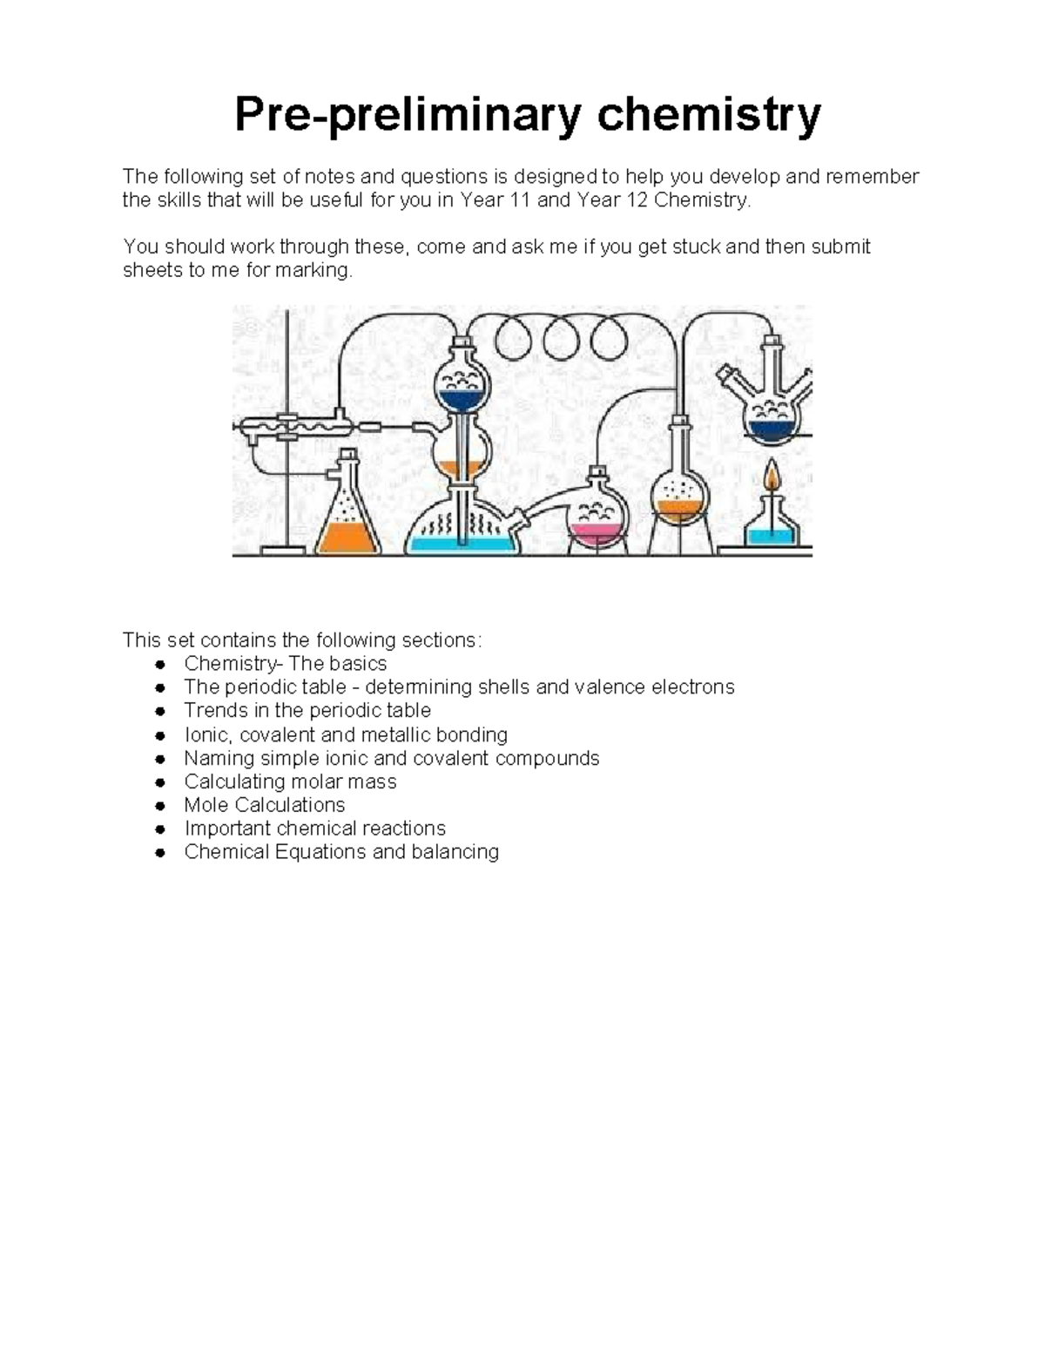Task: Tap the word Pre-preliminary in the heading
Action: click(x=407, y=115)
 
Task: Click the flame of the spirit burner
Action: click(x=772, y=478)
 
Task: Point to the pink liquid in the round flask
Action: click(x=597, y=531)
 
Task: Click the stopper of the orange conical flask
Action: click(x=348, y=455)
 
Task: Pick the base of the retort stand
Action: click(x=287, y=549)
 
